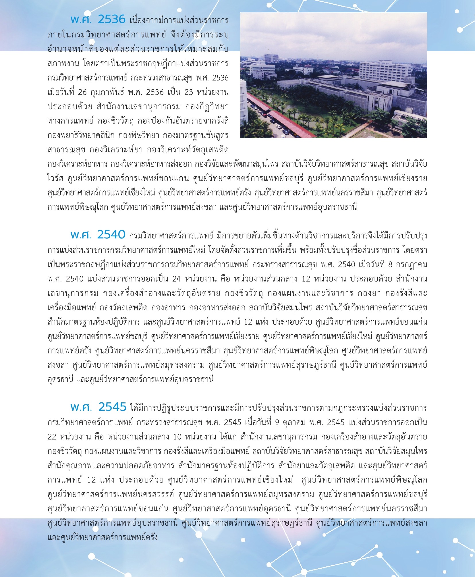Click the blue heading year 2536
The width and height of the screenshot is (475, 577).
tap(112, 20)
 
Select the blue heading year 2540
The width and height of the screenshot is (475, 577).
tap(111, 235)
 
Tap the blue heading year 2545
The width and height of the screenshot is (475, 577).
tap(112, 407)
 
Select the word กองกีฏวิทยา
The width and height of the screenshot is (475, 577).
tap(207, 107)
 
